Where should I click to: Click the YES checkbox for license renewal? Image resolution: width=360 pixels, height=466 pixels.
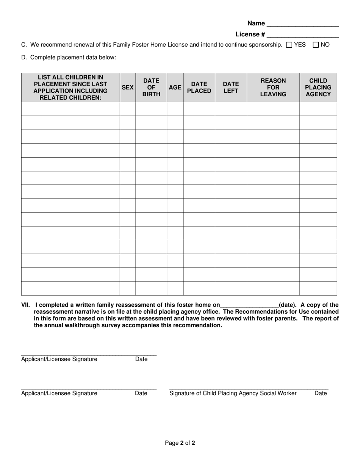[289, 45]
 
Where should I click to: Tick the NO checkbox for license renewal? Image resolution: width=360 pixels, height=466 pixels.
[316, 45]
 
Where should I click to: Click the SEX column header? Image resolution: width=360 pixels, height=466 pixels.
[128, 88]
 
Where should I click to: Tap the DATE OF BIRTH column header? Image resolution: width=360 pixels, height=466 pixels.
[151, 88]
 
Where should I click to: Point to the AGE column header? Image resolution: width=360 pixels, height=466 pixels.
[175, 88]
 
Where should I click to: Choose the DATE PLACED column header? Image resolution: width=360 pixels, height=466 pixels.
[199, 88]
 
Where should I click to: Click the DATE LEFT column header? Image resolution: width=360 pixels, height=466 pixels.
[231, 88]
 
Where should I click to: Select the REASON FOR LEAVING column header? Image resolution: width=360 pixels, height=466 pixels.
[273, 88]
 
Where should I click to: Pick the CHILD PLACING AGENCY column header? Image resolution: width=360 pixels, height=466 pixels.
[318, 88]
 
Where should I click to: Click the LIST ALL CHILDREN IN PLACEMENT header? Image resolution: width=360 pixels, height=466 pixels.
[70, 88]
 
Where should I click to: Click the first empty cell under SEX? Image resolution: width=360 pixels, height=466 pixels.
[128, 109]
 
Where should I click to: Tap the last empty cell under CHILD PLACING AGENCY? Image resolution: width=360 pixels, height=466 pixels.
[318, 288]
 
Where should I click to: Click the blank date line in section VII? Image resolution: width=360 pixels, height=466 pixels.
[249, 305]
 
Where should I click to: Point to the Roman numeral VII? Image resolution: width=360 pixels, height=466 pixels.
[25, 305]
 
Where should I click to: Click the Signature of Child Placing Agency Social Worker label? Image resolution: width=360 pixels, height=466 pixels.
[233, 393]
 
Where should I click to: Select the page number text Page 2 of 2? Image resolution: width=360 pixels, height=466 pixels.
[180, 443]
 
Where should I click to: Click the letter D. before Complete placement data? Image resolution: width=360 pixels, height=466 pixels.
[24, 58]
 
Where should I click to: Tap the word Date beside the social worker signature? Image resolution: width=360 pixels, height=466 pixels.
[320, 393]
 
